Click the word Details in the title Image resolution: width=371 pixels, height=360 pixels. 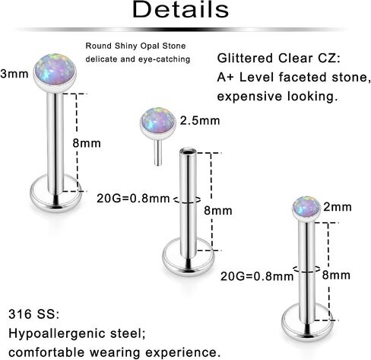(x=181, y=9)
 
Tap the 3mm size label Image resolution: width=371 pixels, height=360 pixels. (x=14, y=74)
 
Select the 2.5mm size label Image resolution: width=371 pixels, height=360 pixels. (x=200, y=120)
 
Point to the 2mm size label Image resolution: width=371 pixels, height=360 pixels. (x=338, y=207)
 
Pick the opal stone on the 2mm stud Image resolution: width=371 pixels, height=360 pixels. (x=306, y=206)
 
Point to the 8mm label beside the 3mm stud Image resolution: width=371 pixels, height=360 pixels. (x=87, y=143)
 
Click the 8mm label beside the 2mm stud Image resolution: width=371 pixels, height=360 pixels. (x=336, y=275)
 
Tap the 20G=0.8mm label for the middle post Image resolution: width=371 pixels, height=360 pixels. (x=133, y=199)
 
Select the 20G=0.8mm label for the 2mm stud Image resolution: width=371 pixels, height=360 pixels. (x=257, y=276)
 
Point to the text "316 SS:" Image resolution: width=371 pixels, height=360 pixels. (x=34, y=314)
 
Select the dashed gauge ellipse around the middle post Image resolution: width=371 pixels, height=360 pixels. (x=188, y=202)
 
